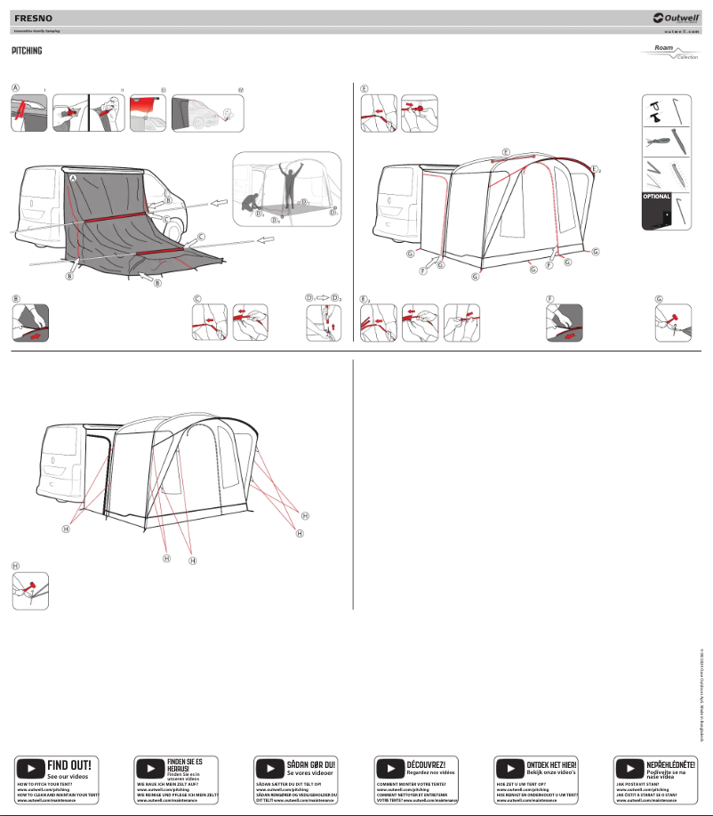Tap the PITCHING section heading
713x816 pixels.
(28, 51)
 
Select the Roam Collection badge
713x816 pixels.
(670, 53)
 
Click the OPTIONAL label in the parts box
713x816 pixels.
(656, 196)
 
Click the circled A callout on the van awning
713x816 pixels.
(74, 179)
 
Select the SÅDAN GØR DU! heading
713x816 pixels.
(310, 739)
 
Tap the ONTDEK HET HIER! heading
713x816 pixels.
(551, 739)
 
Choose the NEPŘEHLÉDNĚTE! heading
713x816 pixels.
(671, 739)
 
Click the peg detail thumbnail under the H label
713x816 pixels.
(30, 591)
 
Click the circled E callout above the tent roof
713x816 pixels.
(506, 152)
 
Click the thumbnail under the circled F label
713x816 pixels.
(564, 323)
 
